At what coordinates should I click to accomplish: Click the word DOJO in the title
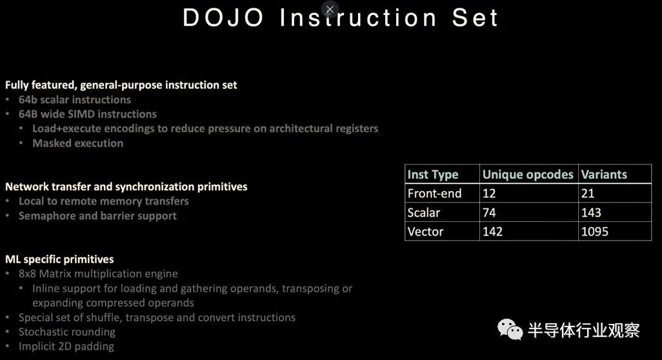(223, 18)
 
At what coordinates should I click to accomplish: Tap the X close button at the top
(330, 9)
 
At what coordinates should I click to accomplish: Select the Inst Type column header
(433, 174)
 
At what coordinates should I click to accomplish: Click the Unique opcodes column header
(528, 174)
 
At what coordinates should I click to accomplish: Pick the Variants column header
(604, 174)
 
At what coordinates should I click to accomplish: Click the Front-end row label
(434, 194)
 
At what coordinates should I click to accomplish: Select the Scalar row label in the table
(423, 212)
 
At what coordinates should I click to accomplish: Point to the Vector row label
(425, 231)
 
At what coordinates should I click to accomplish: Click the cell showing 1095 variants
(594, 231)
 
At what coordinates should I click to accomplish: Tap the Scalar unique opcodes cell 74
(489, 212)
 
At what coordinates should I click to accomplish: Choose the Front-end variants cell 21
(588, 194)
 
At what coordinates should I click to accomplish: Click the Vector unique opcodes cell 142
(492, 231)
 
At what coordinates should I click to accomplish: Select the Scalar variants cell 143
(591, 212)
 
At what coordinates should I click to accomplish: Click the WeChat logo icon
(510, 329)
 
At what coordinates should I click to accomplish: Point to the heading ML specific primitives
(59, 259)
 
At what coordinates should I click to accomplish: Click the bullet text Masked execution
(77, 143)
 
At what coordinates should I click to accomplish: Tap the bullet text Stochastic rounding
(66, 332)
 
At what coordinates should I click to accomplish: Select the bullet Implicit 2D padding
(66, 346)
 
